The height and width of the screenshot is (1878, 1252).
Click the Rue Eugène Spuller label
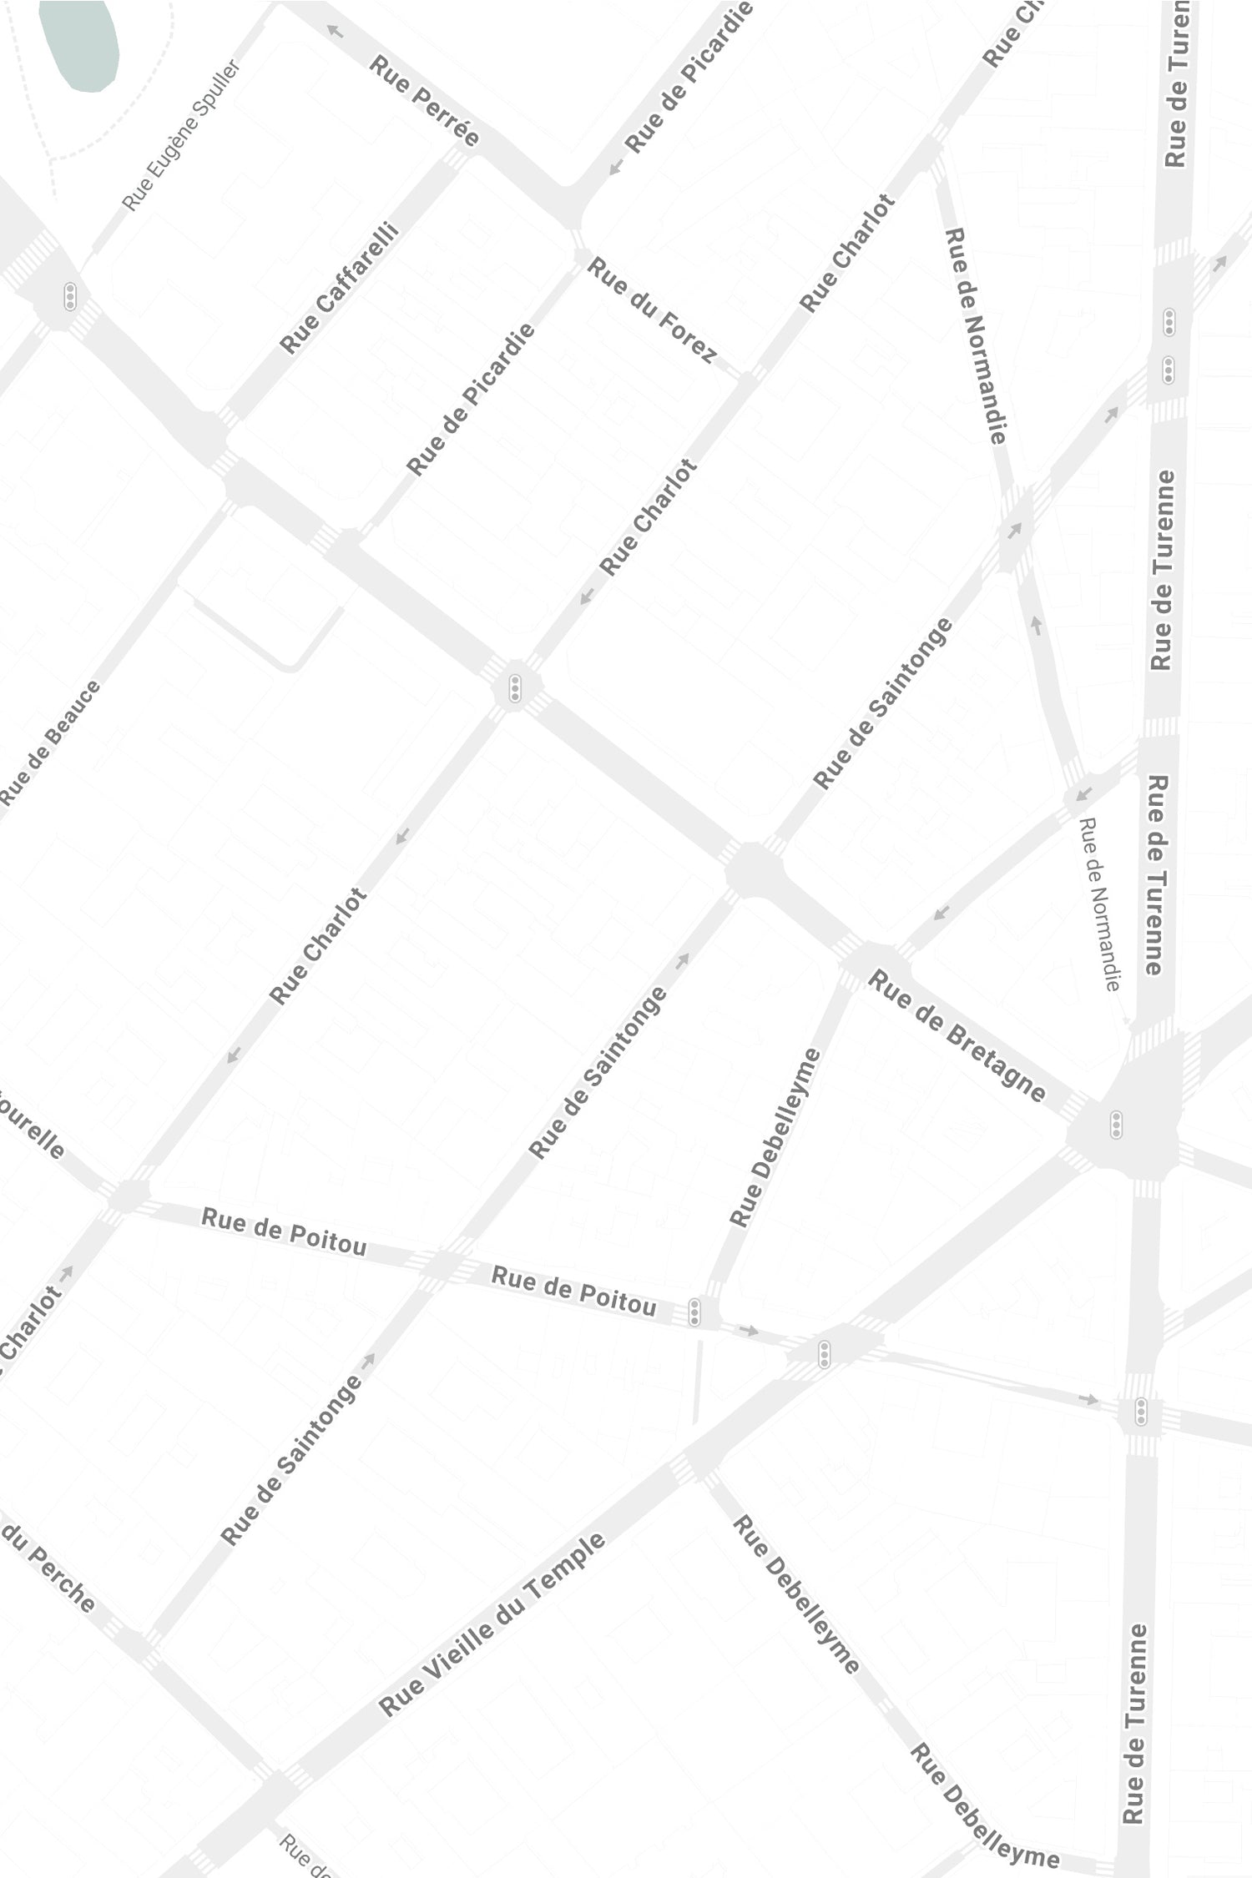tap(181, 135)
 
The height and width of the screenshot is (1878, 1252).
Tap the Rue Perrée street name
tap(424, 100)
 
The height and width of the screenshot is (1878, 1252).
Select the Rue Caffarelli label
tap(340, 287)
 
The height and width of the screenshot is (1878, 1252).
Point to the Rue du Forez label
tap(652, 310)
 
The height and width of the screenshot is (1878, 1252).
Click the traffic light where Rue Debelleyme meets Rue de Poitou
tap(694, 1312)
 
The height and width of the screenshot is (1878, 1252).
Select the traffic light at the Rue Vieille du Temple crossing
tap(824, 1353)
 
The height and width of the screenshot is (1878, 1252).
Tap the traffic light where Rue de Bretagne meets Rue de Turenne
tap(1116, 1125)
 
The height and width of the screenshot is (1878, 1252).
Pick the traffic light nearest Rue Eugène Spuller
tap(70, 296)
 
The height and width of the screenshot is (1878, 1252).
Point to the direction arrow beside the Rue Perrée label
tap(335, 32)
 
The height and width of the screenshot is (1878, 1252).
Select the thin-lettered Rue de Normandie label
tap(1100, 904)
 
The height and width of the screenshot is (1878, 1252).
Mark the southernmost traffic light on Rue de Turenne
tap(1141, 1412)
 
